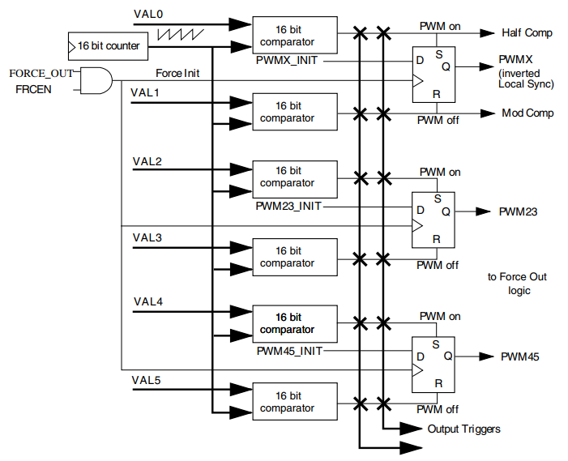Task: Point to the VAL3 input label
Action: coord(147,237)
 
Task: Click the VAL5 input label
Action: coord(147,379)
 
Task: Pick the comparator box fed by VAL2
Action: coord(293,177)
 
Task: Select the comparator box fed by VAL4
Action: coord(293,323)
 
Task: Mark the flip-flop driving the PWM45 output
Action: coord(433,358)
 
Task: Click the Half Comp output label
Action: coord(527,33)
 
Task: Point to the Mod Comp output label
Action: coord(527,113)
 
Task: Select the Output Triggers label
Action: coord(463,429)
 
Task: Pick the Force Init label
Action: coord(177,74)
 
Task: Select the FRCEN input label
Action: coord(34,88)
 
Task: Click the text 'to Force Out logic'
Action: coord(517,284)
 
